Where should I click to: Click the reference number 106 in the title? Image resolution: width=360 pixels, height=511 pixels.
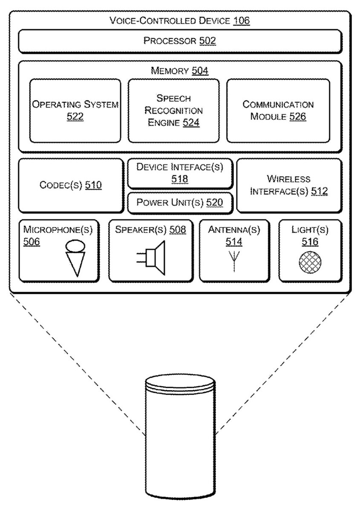tap(241, 20)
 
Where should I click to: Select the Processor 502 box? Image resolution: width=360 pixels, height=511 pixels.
tap(180, 41)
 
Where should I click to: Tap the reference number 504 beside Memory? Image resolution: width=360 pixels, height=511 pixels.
tap(200, 71)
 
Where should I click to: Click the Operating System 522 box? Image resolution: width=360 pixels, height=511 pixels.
tap(75, 110)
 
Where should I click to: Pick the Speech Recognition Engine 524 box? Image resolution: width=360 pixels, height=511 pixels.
tap(173, 110)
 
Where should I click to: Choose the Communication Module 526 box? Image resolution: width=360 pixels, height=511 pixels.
tap(278, 110)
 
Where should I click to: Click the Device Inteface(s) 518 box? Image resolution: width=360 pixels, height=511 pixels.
tap(179, 173)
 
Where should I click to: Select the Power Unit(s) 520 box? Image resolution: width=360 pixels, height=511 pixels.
tap(179, 202)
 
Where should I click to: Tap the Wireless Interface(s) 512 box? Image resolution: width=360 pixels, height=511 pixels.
tap(289, 185)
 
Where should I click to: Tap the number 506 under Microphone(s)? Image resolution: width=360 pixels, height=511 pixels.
tap(32, 242)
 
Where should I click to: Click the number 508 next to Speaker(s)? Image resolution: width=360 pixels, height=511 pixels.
tap(178, 230)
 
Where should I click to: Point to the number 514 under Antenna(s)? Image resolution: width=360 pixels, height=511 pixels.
tap(234, 242)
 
